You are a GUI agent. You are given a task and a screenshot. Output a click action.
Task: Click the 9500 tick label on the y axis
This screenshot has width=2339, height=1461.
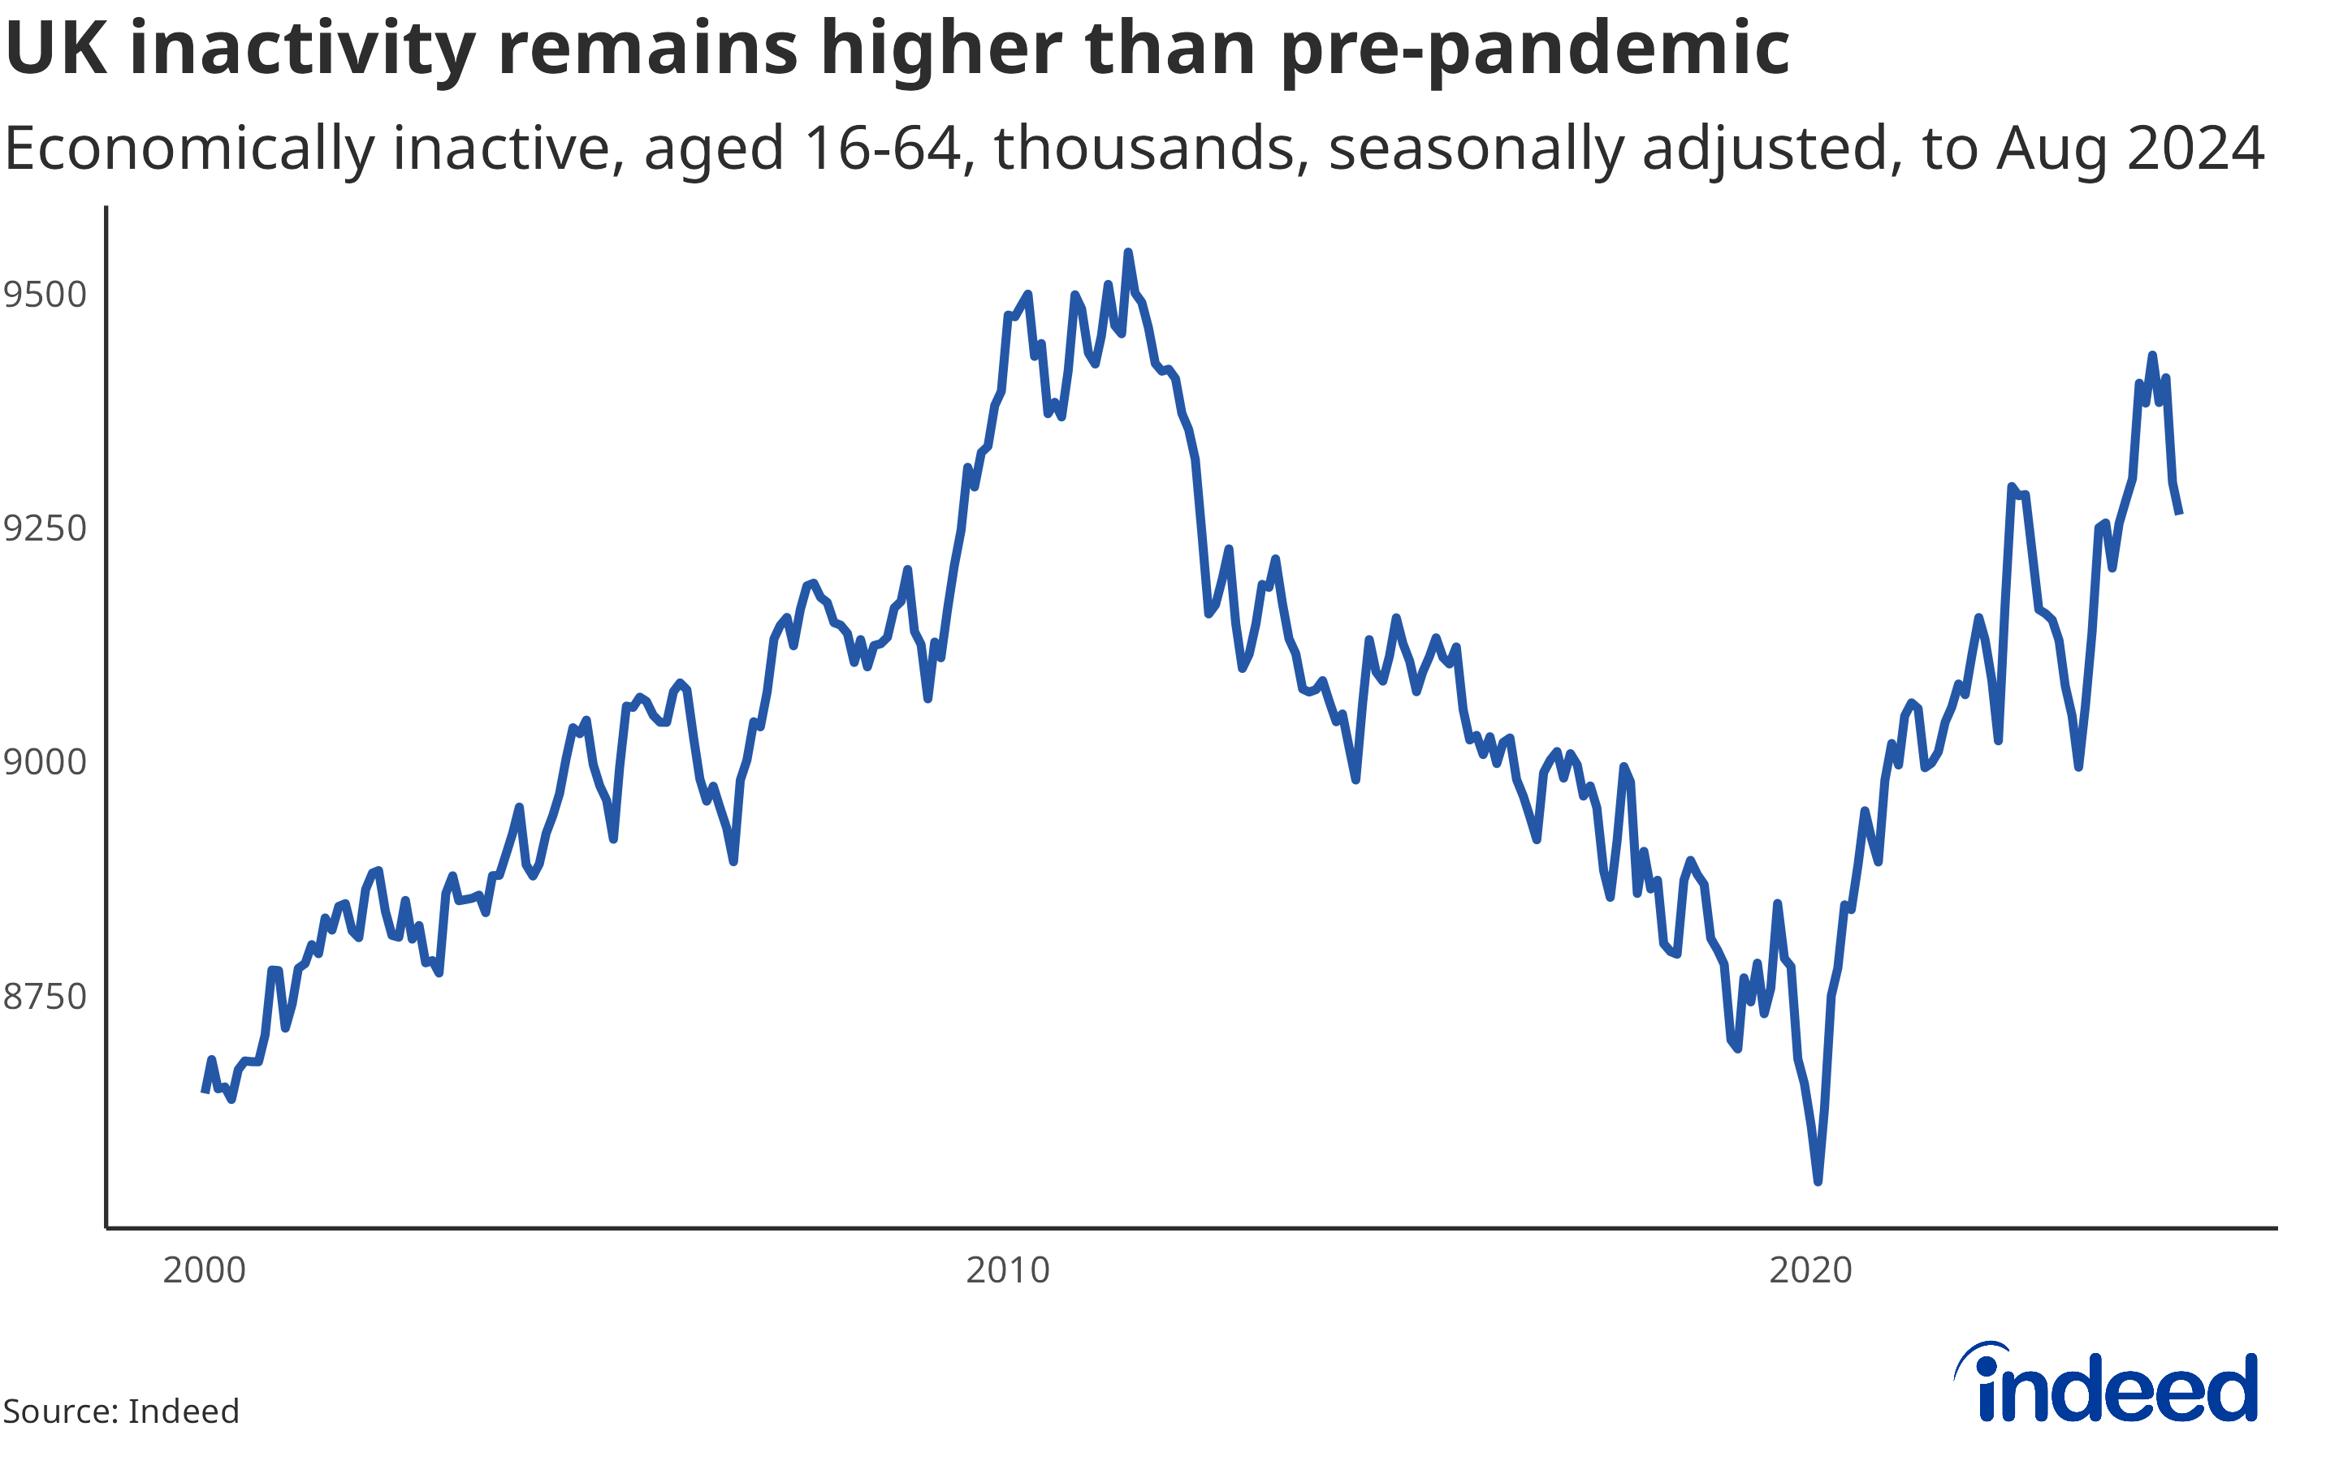point(45,294)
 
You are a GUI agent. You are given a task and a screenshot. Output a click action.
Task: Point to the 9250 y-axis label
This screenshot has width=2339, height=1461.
point(45,528)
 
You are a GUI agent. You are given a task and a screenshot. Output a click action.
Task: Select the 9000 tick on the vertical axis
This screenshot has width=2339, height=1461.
point(45,761)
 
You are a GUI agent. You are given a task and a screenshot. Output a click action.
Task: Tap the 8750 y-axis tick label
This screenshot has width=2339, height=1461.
point(45,995)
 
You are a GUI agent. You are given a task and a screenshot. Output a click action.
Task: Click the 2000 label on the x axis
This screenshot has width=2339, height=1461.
point(204,1269)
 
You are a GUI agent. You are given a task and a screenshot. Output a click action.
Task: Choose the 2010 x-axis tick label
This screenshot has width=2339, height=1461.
point(1007,1269)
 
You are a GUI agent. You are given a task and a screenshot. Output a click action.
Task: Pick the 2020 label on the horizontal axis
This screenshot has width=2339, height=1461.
point(1810,1269)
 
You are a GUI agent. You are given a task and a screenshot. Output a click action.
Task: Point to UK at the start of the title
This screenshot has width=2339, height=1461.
point(56,49)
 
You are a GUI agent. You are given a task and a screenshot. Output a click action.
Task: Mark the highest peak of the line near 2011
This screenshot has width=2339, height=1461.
point(1128,252)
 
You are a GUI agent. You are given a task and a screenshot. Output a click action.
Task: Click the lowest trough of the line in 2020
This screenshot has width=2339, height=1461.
point(1818,1182)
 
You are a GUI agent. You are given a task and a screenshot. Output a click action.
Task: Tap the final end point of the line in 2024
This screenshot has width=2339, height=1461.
point(2180,513)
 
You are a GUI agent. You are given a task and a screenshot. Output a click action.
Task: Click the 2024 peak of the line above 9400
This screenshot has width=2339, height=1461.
point(2151,355)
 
